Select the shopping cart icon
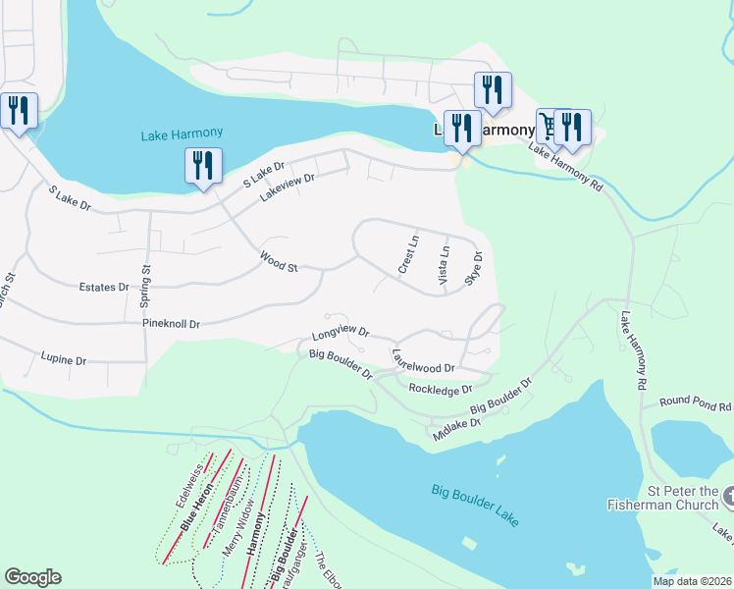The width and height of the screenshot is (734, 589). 549,126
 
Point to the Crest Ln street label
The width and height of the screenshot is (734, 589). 408,253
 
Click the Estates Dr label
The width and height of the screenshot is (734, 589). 103,288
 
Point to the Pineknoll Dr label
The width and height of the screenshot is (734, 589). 171,323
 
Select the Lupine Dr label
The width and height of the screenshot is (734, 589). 64,359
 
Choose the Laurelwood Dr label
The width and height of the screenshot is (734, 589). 423,360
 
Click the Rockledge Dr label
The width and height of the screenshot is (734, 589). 441,390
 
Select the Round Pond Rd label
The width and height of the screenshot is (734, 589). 695,402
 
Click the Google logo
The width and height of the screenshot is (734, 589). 32,577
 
